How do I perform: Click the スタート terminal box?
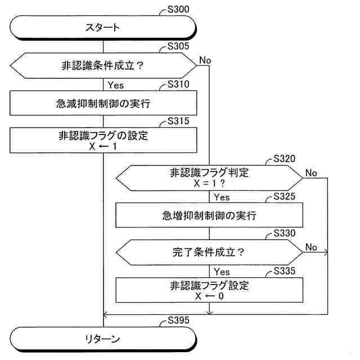[103, 26]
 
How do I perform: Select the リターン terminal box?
[103, 339]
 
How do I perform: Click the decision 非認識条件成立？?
[103, 65]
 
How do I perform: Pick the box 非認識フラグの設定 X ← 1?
[103, 140]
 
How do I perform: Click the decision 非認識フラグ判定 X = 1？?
[209, 178]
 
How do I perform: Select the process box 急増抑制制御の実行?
[209, 215]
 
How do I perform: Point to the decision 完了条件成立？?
[209, 253]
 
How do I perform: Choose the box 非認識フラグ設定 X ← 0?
[209, 290]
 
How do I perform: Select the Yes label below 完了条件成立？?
[222, 272]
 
